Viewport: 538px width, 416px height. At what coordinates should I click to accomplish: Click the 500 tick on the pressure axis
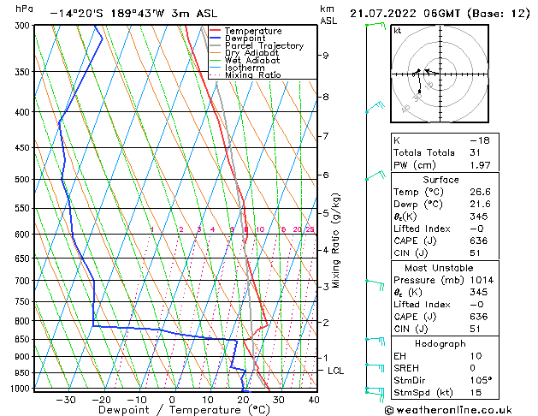coord(21,180)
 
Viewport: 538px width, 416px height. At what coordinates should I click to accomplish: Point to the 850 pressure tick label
coord(21,340)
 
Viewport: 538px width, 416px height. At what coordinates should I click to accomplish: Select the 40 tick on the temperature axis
coord(313,400)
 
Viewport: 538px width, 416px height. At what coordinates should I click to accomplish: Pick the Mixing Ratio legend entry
coord(252,75)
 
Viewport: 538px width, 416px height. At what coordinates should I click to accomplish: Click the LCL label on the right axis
coord(336,371)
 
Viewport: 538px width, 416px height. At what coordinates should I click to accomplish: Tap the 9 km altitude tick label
coord(326,56)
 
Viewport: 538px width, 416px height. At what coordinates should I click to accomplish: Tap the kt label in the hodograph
coord(398,31)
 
